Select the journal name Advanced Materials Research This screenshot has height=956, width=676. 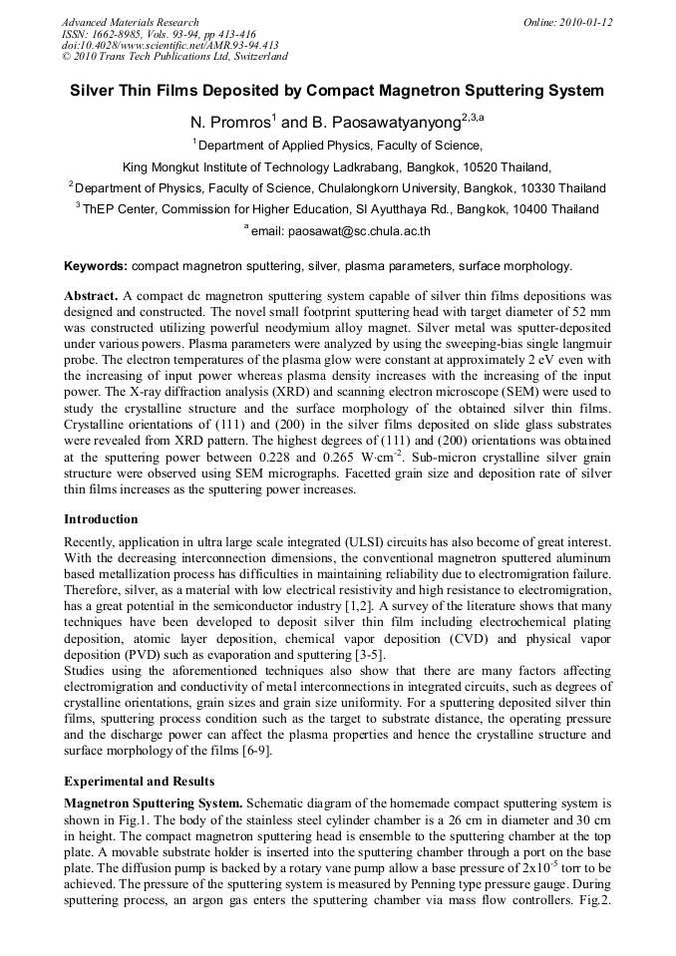coord(130,22)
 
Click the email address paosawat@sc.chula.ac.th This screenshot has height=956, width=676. coord(359,231)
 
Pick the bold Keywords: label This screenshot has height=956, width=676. coord(96,267)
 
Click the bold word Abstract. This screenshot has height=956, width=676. coord(92,297)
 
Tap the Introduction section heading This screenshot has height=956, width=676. coord(101,519)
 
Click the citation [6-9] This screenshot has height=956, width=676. coord(253,751)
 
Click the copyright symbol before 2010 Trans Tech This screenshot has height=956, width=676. coord(67,58)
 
